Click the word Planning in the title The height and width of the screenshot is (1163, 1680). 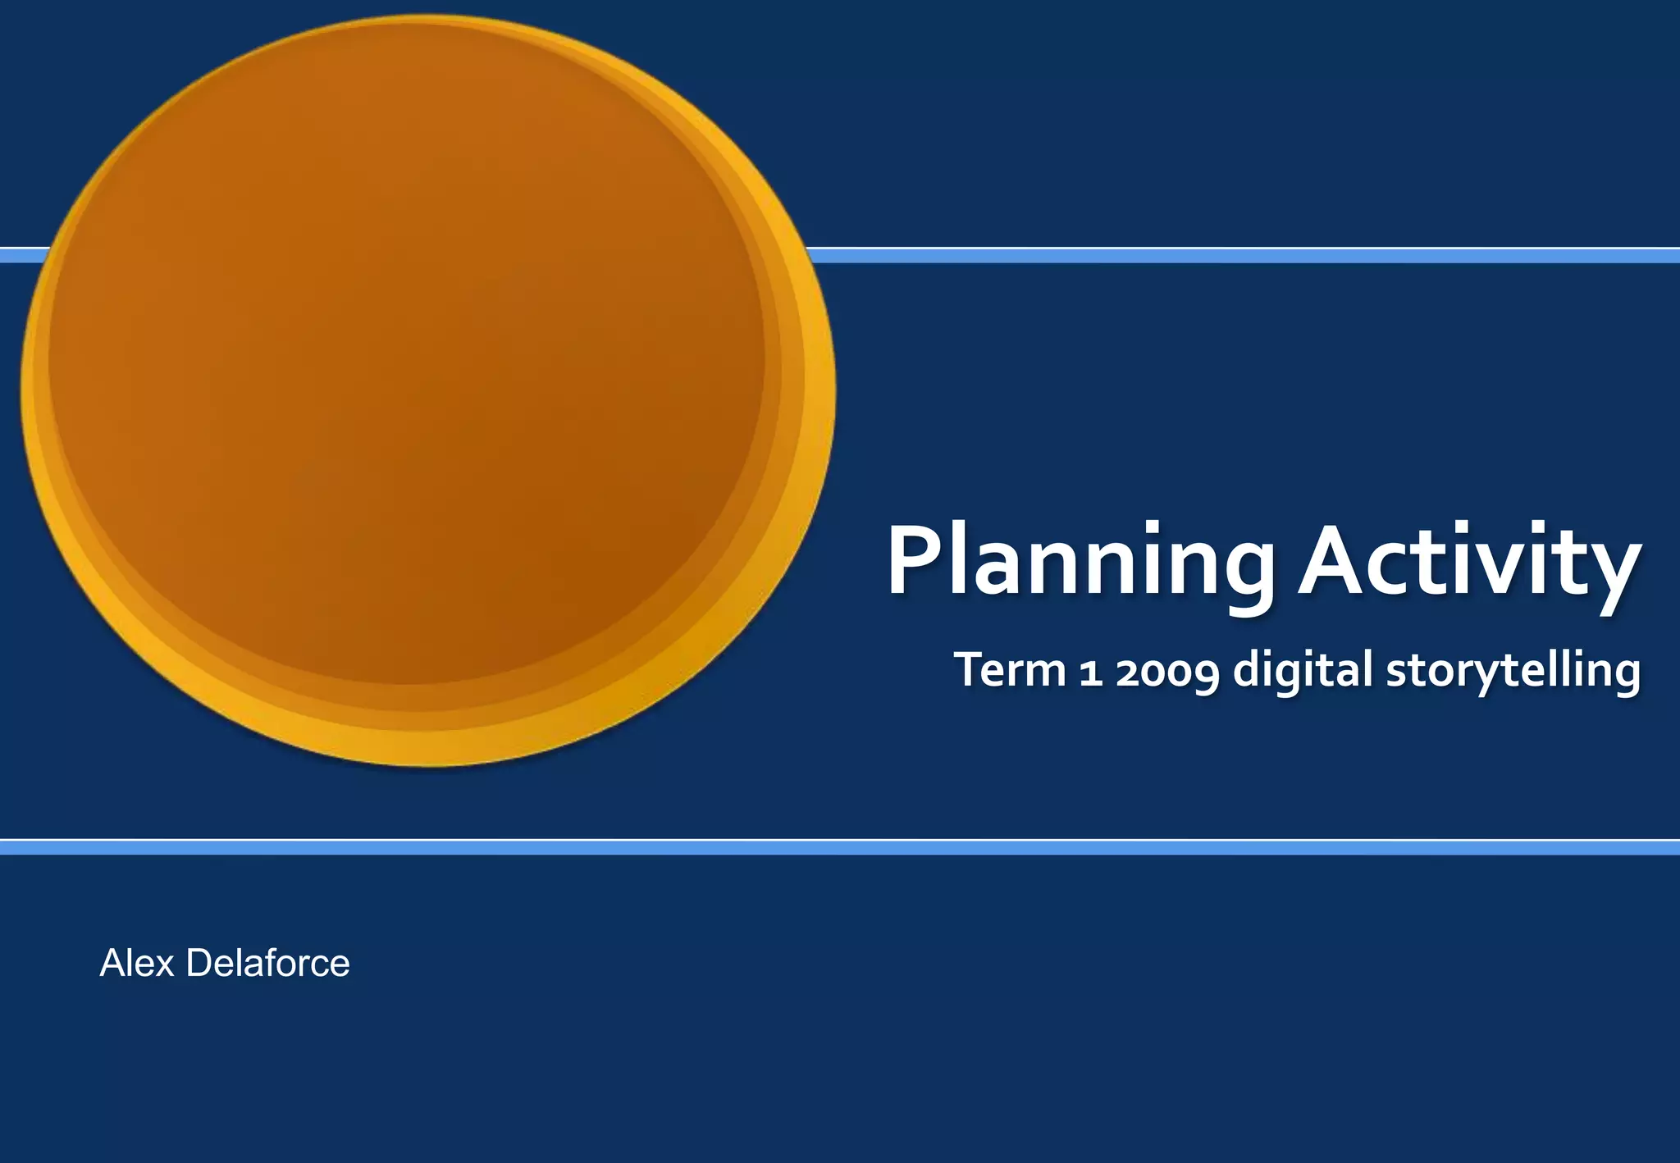point(1080,563)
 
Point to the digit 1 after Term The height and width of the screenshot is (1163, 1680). point(1089,671)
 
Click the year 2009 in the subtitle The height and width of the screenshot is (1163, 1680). point(1166,671)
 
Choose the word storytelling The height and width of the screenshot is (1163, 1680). point(1513,671)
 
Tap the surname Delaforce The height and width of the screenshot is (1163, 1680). point(267,963)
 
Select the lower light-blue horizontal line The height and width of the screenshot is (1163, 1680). point(840,847)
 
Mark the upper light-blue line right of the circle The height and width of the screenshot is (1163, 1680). point(1230,255)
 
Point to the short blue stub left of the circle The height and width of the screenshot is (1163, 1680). point(23,255)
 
